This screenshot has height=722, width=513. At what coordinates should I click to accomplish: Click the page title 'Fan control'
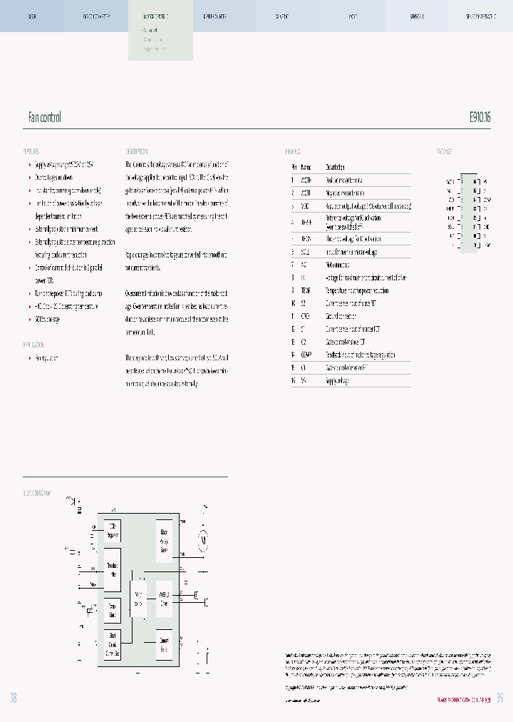coord(44,117)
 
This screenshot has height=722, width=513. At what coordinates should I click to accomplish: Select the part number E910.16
coord(480,117)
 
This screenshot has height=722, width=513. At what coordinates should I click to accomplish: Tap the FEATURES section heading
coord(31,152)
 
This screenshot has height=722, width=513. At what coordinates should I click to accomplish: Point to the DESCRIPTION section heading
coord(137,152)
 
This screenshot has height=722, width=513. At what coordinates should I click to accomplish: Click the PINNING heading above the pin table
coord(293,152)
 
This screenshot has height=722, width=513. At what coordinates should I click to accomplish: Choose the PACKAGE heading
coord(444,152)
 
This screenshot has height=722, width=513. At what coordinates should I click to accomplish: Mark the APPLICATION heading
coord(34,344)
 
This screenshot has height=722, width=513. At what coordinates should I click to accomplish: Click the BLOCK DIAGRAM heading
coord(39,494)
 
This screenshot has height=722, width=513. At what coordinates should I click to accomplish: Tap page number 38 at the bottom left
coord(13,698)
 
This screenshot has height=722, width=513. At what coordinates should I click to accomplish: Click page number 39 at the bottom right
coord(500,698)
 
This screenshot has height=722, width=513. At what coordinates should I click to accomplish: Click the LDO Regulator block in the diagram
coord(113,532)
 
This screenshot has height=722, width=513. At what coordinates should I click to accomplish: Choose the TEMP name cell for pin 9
coord(306,290)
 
